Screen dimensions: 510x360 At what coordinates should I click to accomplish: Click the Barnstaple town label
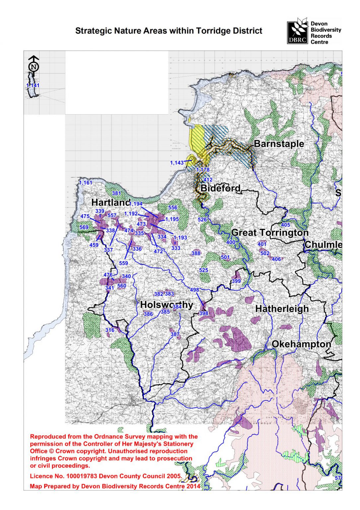point(279,144)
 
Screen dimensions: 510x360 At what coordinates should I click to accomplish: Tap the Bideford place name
point(220,188)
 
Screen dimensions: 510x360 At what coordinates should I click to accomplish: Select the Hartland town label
point(110,202)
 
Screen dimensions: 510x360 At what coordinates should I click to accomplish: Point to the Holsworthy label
point(166,305)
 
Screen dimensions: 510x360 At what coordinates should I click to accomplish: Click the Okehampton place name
point(301,344)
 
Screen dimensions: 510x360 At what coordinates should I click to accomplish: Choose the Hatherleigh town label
point(282,309)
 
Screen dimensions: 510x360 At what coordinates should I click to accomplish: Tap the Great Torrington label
point(270,233)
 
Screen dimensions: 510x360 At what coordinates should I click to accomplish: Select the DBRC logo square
point(297,33)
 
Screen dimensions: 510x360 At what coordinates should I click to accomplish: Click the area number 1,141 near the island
point(33,86)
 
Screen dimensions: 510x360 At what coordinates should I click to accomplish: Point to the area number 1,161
point(86,183)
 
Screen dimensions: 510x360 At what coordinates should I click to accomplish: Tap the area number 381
point(116,194)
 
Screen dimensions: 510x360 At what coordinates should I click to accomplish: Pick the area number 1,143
point(177,163)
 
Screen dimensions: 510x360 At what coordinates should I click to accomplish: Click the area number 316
point(110,330)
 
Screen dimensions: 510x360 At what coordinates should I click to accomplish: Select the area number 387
point(175,334)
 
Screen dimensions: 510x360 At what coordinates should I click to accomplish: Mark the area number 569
point(84,227)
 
